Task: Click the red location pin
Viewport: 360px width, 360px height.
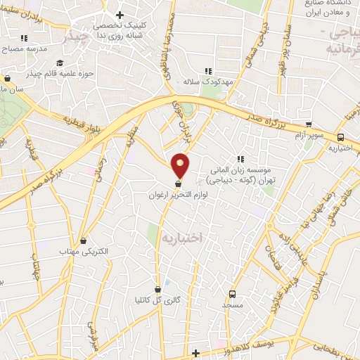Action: click(181, 165)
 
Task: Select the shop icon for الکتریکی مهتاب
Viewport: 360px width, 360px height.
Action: click(84, 241)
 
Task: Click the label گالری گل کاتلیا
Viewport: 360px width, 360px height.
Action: click(158, 299)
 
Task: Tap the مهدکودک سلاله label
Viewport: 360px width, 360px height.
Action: click(208, 82)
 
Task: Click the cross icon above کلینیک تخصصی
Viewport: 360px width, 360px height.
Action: click(120, 15)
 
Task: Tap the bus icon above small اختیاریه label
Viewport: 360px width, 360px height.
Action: click(340, 138)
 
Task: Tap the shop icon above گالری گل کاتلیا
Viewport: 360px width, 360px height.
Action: click(158, 288)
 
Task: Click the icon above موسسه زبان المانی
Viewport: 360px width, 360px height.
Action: click(240, 159)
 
